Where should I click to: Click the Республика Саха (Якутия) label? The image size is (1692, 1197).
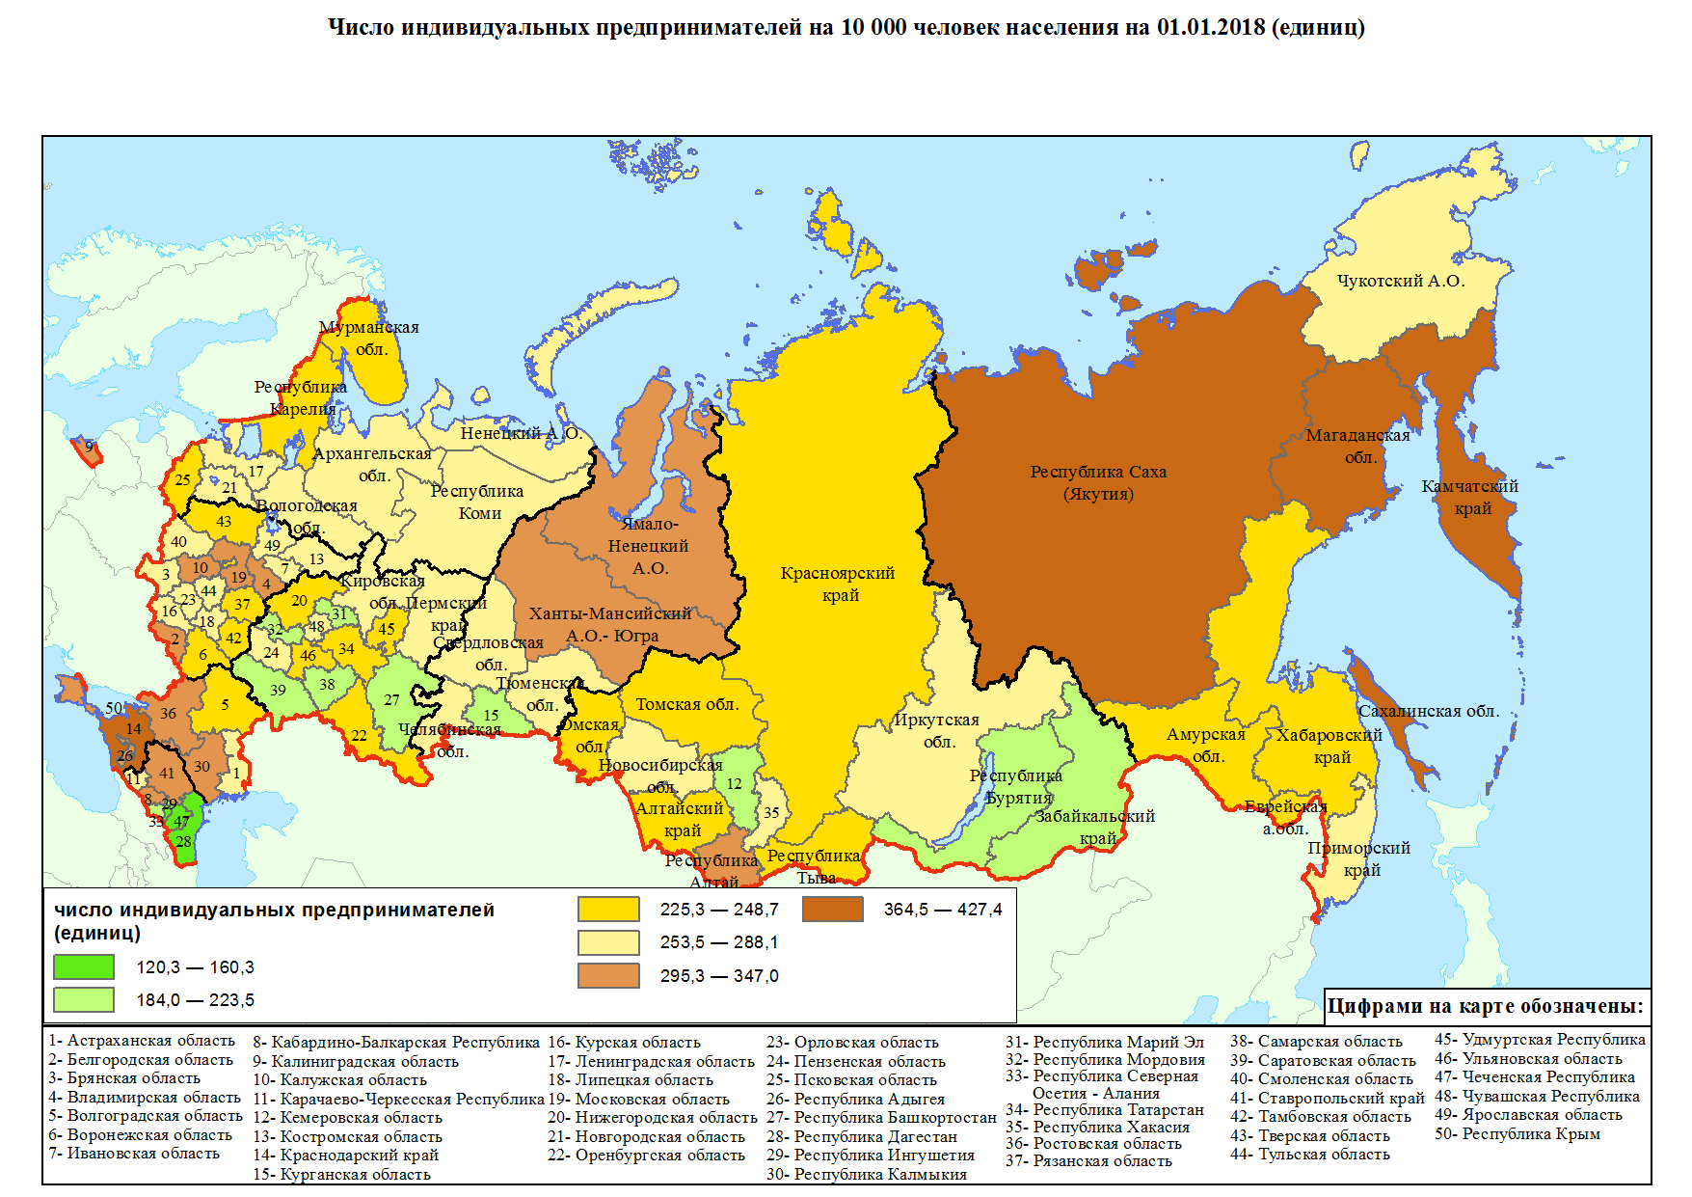coord(1098,483)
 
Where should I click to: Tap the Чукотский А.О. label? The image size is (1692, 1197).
coord(1400,281)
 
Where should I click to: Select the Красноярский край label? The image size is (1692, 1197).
coord(838,584)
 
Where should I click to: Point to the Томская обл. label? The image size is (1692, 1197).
coord(687,704)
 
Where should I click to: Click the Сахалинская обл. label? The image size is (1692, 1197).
coord(1429,711)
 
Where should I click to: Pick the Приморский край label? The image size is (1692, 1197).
coord(1359,858)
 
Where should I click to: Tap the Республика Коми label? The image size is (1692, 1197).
coord(477,502)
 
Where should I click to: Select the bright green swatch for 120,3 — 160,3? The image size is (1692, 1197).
coord(84,966)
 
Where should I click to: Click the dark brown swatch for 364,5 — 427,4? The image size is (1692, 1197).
coord(833,909)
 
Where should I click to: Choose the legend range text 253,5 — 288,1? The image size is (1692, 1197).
coord(718,942)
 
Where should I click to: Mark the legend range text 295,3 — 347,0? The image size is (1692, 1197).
coord(718,976)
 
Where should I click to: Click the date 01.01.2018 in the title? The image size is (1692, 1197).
coord(1211,27)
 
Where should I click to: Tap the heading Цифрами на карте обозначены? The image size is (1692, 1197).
coord(1486,1006)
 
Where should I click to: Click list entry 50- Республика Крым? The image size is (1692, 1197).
coord(1517,1133)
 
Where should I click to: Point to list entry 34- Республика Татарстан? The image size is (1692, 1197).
coord(1105,1109)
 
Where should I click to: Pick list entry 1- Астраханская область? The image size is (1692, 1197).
coord(142,1041)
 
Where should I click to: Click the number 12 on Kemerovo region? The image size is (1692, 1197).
coord(735,783)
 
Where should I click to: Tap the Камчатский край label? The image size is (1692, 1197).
coord(1470,497)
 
